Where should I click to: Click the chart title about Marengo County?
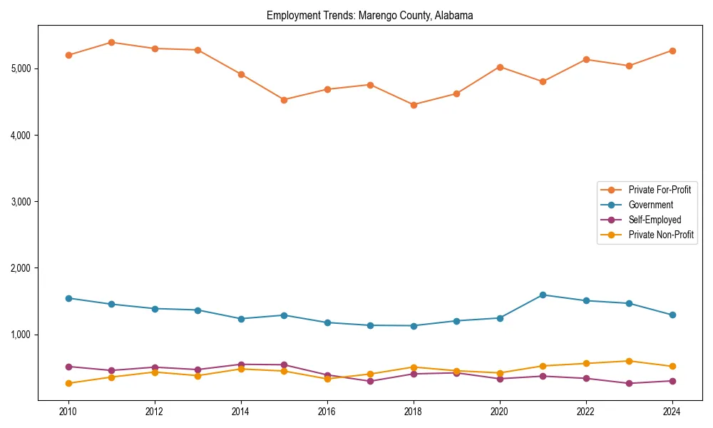[369, 15]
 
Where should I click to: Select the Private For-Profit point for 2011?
[111, 42]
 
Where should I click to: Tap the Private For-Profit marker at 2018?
[414, 105]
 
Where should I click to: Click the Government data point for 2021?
[543, 295]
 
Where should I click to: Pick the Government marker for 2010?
[68, 298]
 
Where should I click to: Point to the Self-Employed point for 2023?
[629, 384]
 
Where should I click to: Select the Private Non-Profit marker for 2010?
[68, 384]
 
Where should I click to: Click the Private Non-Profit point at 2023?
[629, 361]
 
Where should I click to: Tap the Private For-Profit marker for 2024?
[672, 51]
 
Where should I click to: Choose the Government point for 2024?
[672, 315]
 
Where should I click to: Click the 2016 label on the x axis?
[327, 412]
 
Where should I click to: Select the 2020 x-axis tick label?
[499, 412]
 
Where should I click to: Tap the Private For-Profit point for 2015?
[284, 100]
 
